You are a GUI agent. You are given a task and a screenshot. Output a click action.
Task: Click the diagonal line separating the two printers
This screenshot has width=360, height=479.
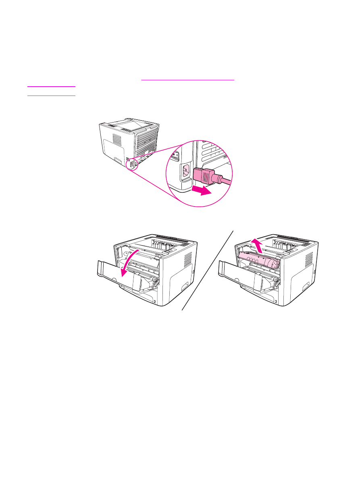pos(208,270)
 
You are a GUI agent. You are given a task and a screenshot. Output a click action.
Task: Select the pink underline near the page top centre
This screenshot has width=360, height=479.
pos(187,80)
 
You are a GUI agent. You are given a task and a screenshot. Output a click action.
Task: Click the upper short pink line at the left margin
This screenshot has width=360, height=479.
pos(51,86)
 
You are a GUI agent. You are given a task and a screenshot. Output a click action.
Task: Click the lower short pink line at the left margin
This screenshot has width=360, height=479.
pos(51,96)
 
